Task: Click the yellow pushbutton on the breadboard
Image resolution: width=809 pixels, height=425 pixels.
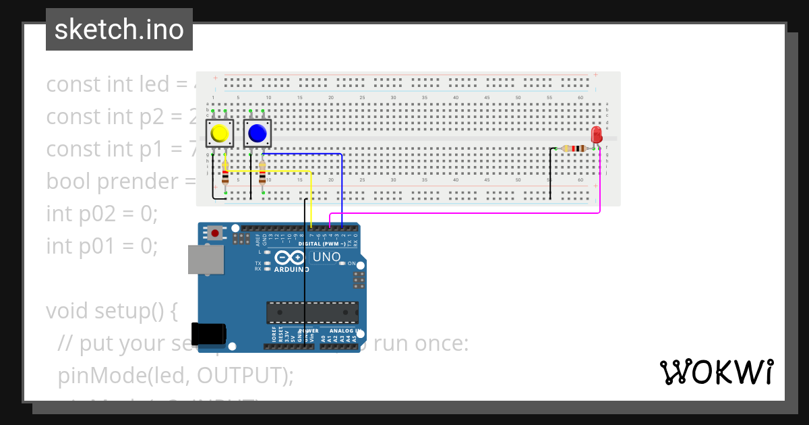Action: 219,134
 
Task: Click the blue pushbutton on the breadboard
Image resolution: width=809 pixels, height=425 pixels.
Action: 257,134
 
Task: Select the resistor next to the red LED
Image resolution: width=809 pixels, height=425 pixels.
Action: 574,148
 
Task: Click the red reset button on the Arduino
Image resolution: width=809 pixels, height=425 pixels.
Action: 214,233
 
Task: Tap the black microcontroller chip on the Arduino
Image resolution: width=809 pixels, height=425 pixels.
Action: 312,312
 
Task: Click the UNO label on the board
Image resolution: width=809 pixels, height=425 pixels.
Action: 326,257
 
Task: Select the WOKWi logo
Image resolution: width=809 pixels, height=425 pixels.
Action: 716,372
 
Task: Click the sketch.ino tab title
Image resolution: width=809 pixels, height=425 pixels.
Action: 119,30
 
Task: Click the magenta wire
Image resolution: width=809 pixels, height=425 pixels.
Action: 472,213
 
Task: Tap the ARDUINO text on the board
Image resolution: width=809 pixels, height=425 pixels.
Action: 291,269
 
